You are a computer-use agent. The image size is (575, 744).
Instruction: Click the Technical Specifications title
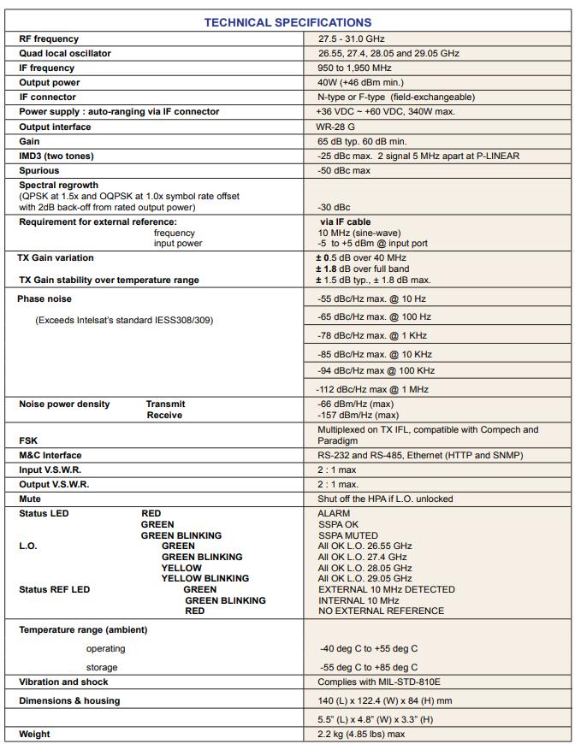[x=287, y=22]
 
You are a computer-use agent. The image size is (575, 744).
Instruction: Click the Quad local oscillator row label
[x=65, y=53]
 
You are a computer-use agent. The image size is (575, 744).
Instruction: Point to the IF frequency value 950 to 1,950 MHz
[x=354, y=68]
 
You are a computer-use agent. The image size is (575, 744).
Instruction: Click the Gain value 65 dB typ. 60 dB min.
[x=362, y=141]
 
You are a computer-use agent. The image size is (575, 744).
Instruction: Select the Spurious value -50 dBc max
[x=344, y=171]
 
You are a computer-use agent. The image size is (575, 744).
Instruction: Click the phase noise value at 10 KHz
[x=374, y=354]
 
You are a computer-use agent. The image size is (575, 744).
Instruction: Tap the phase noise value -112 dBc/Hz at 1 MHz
[x=373, y=389]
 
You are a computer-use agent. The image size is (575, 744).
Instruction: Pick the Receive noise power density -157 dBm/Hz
[x=358, y=415]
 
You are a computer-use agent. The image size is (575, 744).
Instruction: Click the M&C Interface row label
[x=50, y=455]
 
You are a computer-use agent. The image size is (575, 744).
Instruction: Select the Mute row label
[x=30, y=499]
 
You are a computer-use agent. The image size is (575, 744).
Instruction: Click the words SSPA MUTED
[x=348, y=535]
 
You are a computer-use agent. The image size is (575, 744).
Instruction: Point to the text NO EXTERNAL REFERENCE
[x=381, y=611]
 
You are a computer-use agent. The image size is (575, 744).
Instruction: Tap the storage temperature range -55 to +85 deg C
[x=369, y=667]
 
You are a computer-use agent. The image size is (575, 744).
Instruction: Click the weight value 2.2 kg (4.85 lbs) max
[x=361, y=734]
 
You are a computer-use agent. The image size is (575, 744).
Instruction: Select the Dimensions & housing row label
[x=69, y=700]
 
